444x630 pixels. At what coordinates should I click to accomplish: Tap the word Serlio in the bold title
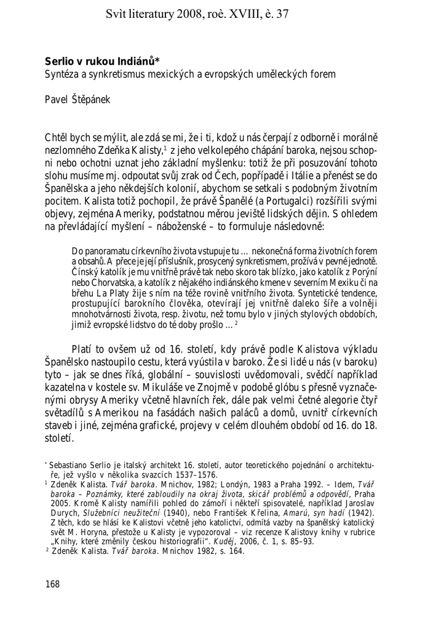pos(58,61)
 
